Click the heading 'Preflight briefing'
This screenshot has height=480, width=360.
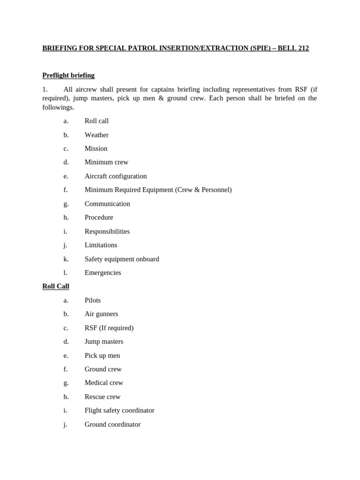[68, 75]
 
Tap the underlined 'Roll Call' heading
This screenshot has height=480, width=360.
[56, 286]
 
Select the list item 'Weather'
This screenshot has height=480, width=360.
[97, 135]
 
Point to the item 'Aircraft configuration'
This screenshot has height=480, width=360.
[116, 176]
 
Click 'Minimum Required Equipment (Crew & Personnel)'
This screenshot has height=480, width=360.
[158, 190]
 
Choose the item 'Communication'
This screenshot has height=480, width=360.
[107, 204]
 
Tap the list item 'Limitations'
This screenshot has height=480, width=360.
[101, 245]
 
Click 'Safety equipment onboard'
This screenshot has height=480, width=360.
[122, 259]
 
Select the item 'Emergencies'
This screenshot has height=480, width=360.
[103, 273]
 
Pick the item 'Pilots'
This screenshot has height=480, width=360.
[93, 300]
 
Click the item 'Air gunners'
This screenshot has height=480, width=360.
[101, 314]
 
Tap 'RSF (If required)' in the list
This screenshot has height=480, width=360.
[109, 328]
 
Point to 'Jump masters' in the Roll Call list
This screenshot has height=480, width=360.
[104, 342]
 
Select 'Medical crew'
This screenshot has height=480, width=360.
[104, 383]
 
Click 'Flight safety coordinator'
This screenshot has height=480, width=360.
[120, 411]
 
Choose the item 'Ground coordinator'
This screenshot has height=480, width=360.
[112, 425]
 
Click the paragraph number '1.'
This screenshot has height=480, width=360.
[45, 90]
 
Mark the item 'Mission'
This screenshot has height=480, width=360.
[96, 149]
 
